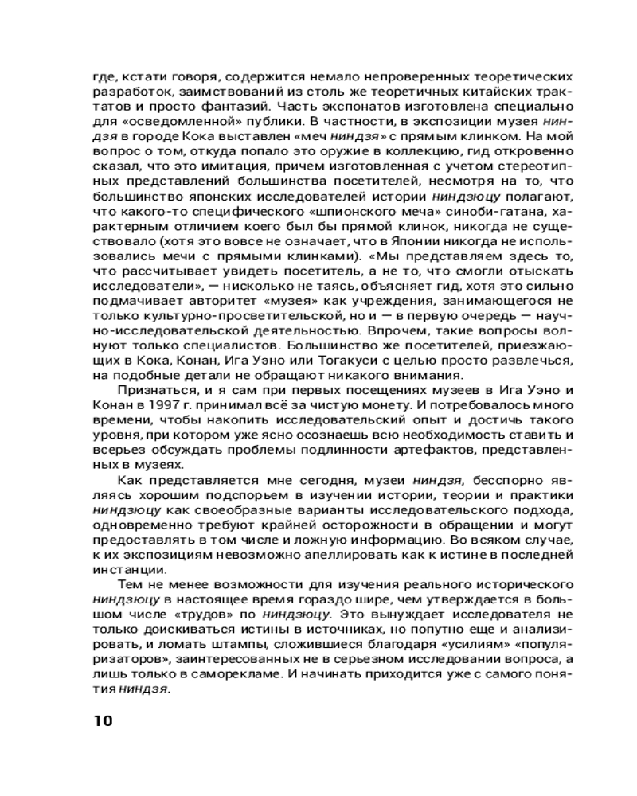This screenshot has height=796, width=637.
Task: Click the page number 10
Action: (x=104, y=721)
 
